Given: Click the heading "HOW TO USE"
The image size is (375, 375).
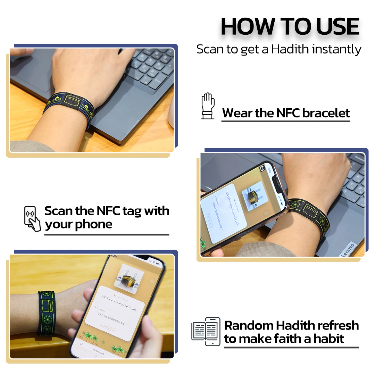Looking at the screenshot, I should point(290,26).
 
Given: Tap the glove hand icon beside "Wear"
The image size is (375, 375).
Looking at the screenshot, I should point(208,106).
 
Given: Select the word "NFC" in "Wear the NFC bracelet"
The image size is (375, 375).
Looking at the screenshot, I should point(288,113).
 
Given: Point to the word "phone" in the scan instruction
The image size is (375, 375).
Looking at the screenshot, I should point(94,224).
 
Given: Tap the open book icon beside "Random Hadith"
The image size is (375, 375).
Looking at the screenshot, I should point(206,331).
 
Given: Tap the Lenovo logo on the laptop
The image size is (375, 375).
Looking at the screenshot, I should point(348,249).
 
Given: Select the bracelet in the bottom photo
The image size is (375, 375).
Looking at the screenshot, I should point(47,312).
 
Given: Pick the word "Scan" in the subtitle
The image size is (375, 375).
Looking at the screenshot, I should point(210,49).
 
